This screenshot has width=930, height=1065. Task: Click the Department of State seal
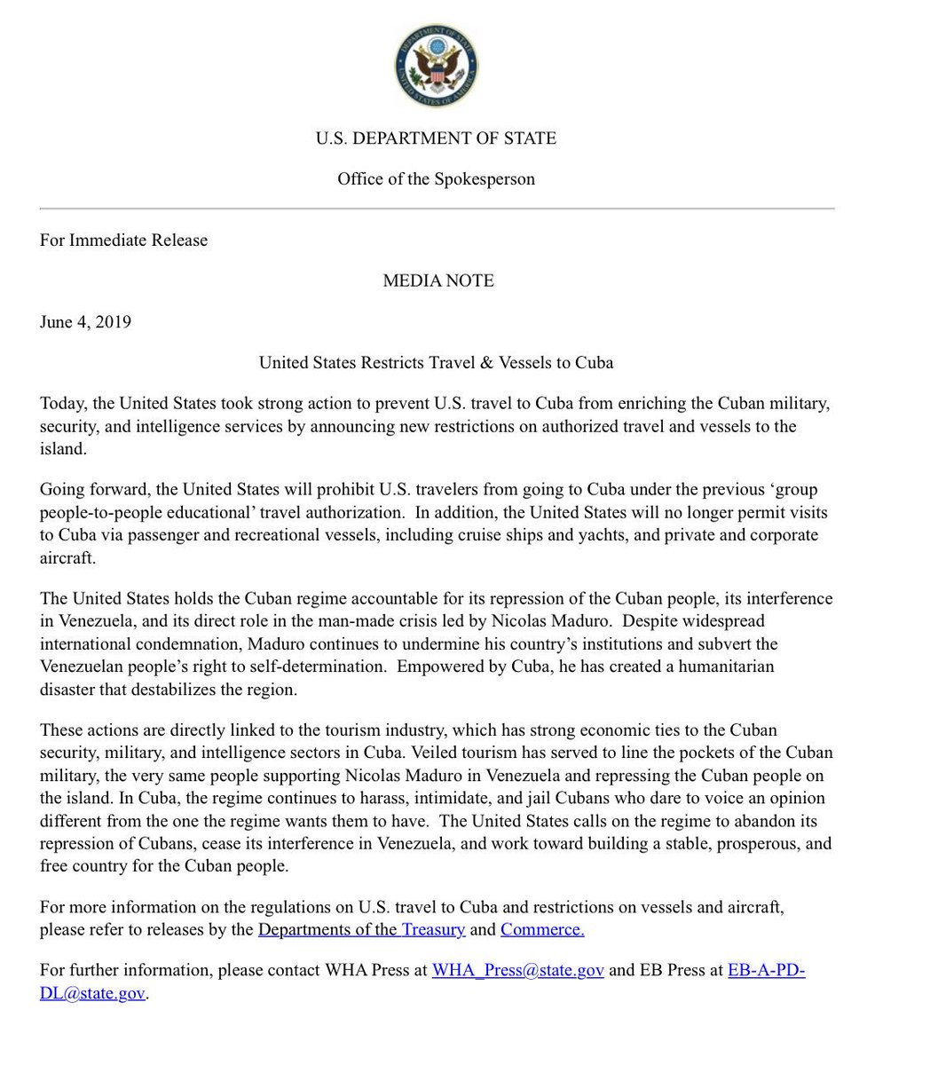tap(435, 67)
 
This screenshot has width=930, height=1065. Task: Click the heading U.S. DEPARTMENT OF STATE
tap(436, 138)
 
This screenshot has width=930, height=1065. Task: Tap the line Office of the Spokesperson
tap(436, 179)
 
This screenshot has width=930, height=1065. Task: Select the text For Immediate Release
tap(123, 240)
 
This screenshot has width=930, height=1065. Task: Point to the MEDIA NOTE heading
tap(437, 280)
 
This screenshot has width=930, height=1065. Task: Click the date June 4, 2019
tap(85, 321)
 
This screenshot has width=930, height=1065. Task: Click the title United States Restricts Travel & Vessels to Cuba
tap(436, 362)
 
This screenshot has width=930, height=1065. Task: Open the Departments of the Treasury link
tap(361, 930)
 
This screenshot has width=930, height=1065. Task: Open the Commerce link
tap(542, 930)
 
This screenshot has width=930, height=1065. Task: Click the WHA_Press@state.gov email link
tap(517, 971)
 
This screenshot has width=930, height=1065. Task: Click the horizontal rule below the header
tap(436, 209)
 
